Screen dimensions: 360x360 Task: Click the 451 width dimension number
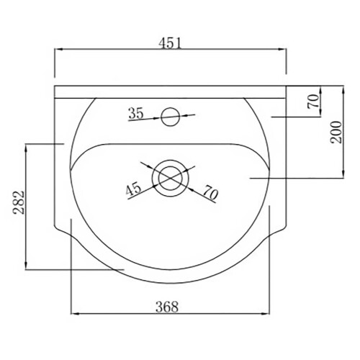(170, 43)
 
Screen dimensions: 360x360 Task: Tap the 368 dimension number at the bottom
(167, 307)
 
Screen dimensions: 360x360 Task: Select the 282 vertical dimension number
(19, 202)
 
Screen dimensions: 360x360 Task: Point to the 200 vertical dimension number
(336, 132)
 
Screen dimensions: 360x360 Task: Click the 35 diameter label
(136, 113)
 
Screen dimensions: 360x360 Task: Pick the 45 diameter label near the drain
(133, 189)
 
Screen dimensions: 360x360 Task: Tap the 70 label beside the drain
(211, 193)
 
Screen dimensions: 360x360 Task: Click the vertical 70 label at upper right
(313, 102)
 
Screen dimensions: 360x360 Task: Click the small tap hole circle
(171, 117)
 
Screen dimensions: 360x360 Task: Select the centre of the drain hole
(171, 178)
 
